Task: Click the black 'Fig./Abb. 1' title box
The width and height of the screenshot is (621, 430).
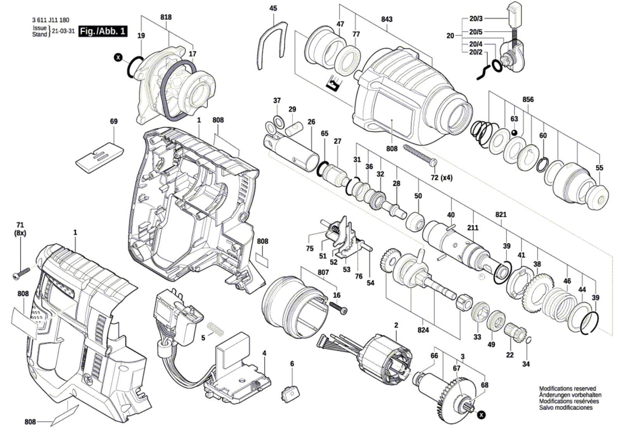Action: pyautogui.click(x=103, y=31)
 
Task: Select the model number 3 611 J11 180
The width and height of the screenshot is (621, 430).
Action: pyautogui.click(x=51, y=20)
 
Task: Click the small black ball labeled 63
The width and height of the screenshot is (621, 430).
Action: pyautogui.click(x=514, y=132)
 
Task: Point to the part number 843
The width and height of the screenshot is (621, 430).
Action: pyautogui.click(x=387, y=19)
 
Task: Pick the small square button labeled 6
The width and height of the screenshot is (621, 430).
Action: pyautogui.click(x=291, y=392)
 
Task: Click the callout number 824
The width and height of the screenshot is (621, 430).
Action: pyautogui.click(x=423, y=330)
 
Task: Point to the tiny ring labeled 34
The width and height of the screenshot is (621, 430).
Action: pyautogui.click(x=529, y=339)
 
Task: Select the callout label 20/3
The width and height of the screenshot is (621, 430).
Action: pyautogui.click(x=476, y=19)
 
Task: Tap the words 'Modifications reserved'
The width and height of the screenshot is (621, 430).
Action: pyautogui.click(x=567, y=389)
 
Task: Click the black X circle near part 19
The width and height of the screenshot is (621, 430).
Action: pyautogui.click(x=119, y=58)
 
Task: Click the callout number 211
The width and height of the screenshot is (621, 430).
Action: pyautogui.click(x=473, y=228)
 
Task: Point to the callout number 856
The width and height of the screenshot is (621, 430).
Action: pyautogui.click(x=528, y=99)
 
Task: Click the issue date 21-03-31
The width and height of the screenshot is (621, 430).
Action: pyautogui.click(x=64, y=31)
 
